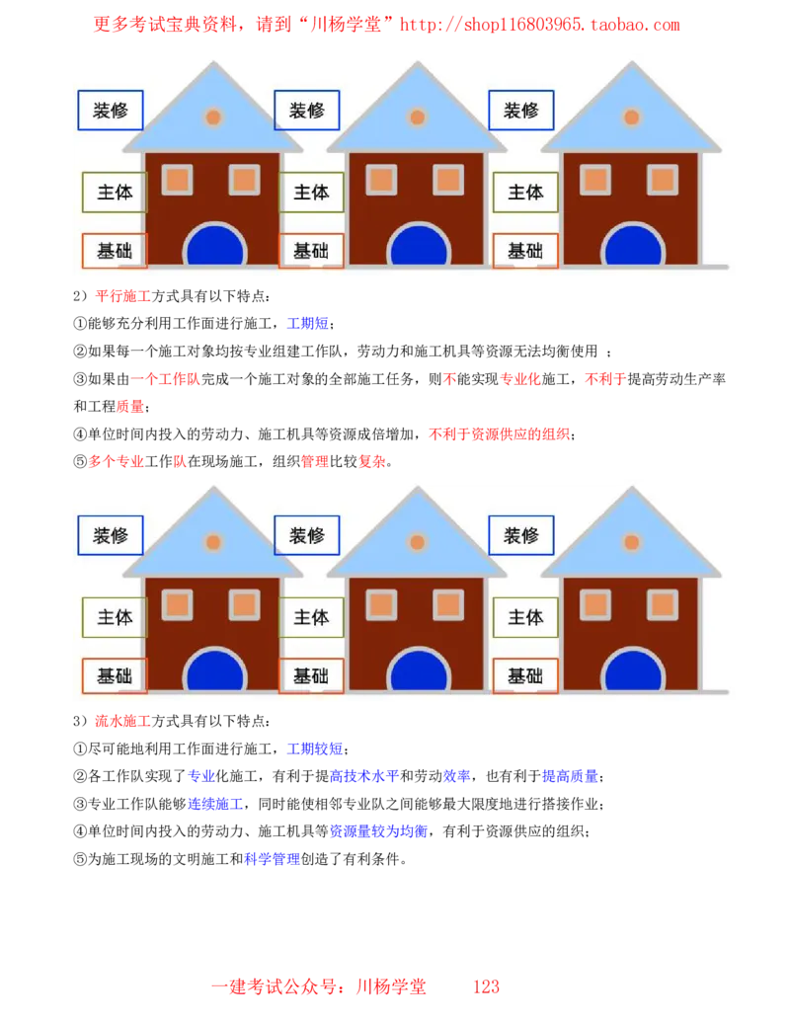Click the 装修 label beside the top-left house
coord(111,111)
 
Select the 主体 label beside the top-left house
coord(115,192)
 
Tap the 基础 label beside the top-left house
coord(115,251)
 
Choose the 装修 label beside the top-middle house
coord(306,111)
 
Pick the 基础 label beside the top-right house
coord(525,251)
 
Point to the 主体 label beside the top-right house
coord(525,192)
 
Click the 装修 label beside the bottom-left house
coord(111,535)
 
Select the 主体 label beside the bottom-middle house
coord(311,617)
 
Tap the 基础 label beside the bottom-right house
coord(525,676)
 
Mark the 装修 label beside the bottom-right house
coord(521,535)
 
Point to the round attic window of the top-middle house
coord(418,118)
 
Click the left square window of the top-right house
coord(595,180)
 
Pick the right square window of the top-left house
coord(244,180)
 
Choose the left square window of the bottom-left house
coord(178,604)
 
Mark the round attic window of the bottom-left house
coord(213,542)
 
